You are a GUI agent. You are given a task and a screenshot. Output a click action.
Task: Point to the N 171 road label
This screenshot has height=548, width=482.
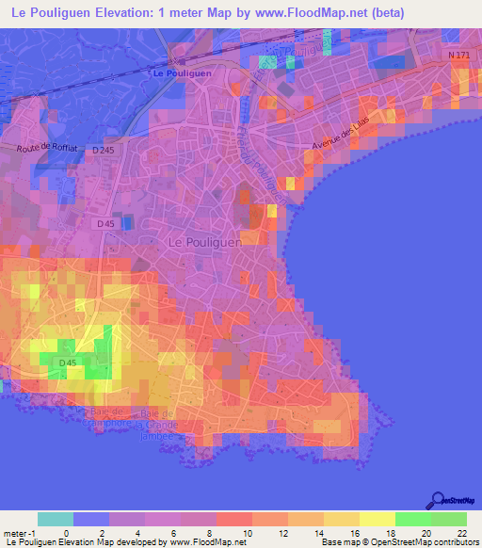coord(458,56)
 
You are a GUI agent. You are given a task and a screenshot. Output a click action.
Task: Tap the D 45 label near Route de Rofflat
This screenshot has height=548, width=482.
coord(106,224)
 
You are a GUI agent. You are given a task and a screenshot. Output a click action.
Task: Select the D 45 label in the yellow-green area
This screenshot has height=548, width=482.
coord(67,363)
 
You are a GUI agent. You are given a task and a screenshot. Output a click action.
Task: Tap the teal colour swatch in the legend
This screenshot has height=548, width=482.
coord(56,519)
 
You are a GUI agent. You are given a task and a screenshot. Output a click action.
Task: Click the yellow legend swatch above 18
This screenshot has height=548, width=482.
coord(378,519)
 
